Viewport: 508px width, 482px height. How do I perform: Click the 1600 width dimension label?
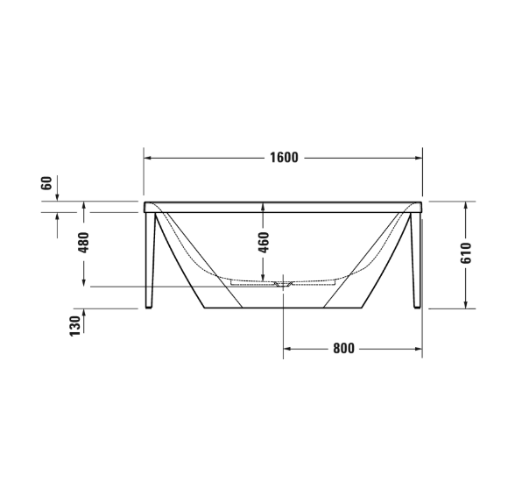point(285,158)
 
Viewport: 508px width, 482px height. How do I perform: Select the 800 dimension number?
point(343,348)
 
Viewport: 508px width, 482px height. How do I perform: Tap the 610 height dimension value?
point(466,254)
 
